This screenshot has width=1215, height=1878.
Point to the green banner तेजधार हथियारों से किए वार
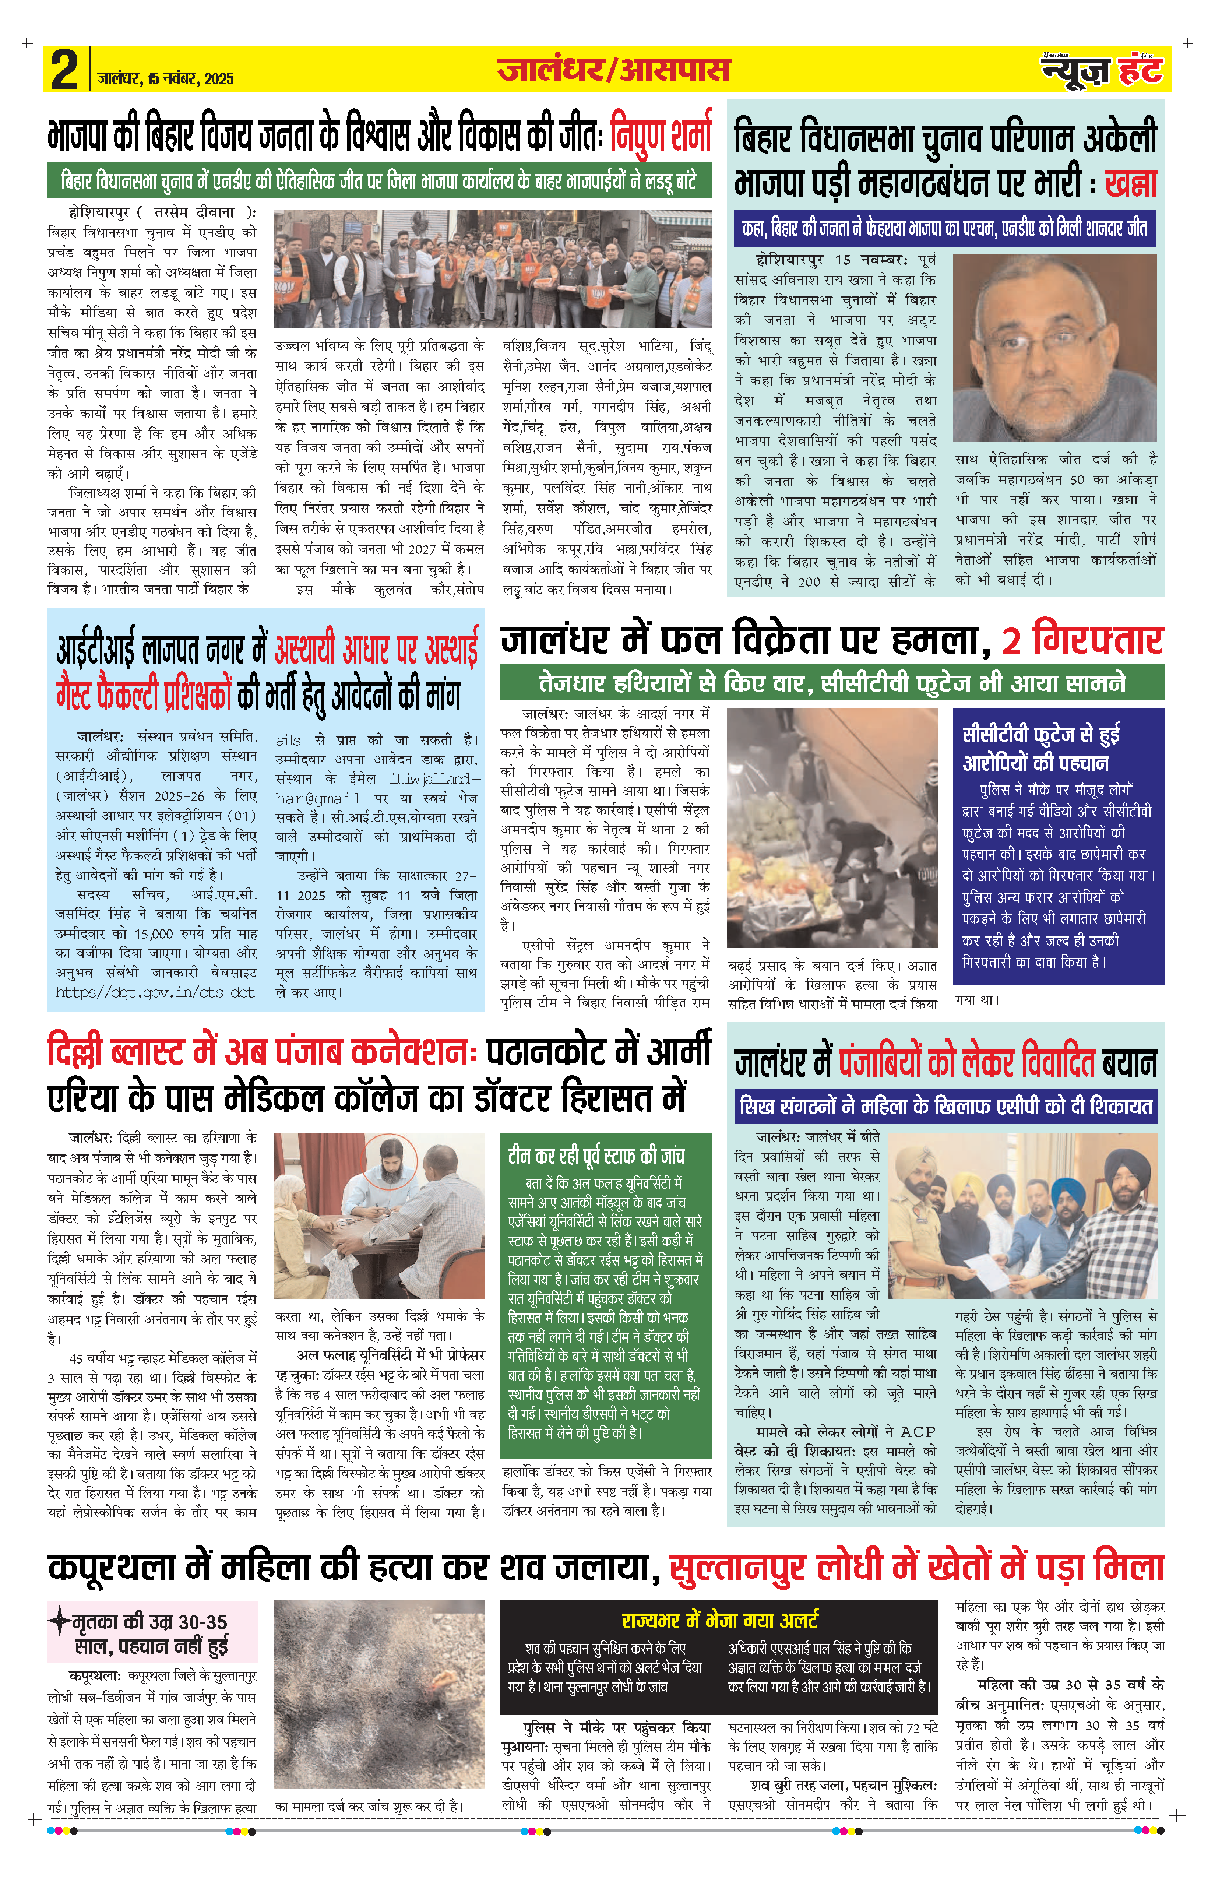[832, 683]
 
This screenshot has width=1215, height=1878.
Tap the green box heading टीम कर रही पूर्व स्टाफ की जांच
[596, 1156]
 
